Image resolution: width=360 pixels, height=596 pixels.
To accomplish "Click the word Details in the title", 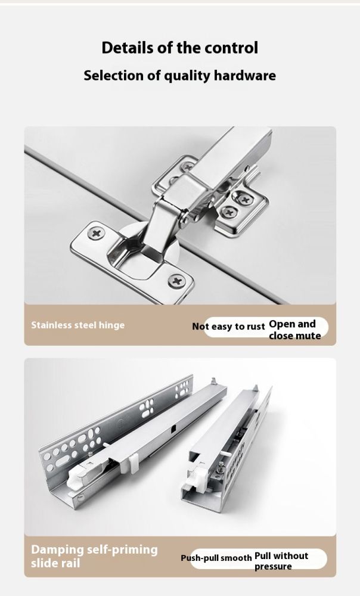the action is coord(122,48).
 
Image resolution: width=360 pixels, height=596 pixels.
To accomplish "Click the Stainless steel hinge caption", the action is coord(78,325).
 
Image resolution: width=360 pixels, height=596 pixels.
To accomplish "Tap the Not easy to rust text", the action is coord(228,327).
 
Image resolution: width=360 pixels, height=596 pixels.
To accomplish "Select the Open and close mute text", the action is coord(294,330).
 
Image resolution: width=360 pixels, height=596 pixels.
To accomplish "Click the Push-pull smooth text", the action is coord(216,558).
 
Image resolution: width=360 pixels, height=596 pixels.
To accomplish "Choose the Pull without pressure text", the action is coord(281,561).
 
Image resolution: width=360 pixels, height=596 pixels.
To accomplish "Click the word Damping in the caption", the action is coord(57,550).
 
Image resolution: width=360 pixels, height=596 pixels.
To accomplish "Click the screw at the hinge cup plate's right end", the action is coord(175,281).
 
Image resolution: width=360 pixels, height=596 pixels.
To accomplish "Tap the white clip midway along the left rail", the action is coord(134,464).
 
